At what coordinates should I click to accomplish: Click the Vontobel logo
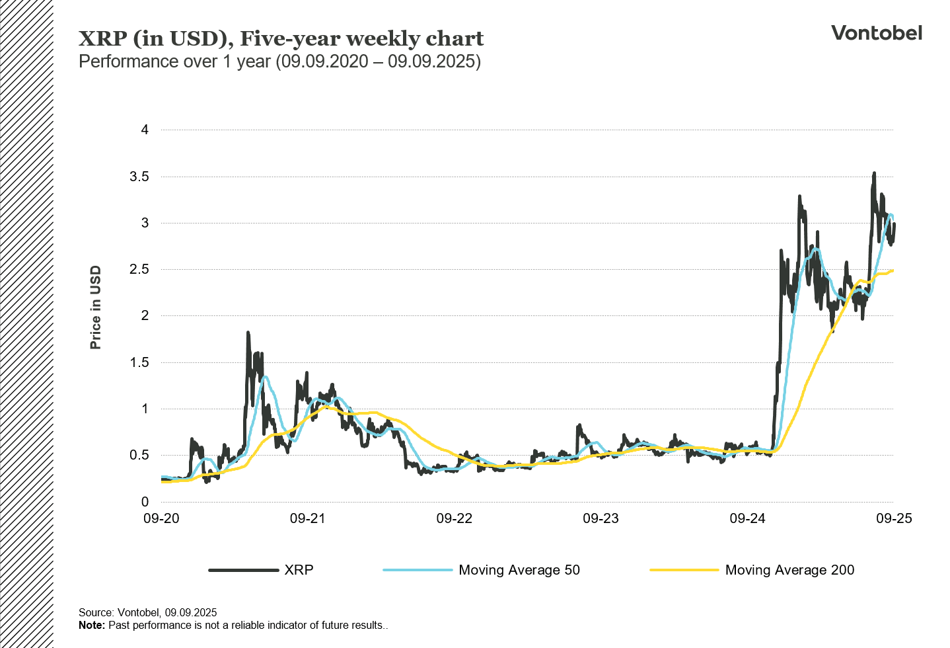(876, 33)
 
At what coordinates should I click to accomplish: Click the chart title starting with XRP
(281, 38)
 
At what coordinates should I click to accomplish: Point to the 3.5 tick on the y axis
(139, 177)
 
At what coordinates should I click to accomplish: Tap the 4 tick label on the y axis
(145, 130)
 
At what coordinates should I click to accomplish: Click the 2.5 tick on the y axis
(139, 269)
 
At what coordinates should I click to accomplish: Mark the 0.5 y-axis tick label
(139, 455)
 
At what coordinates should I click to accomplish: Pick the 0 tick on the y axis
(145, 502)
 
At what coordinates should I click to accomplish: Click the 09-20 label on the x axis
(161, 518)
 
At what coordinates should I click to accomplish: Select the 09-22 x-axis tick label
(455, 518)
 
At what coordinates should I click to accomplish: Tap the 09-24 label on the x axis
(747, 518)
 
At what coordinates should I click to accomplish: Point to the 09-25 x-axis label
(894, 518)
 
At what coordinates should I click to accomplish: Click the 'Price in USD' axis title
(96, 307)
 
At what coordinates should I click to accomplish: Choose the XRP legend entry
(299, 570)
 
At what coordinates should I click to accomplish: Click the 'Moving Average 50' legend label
(519, 570)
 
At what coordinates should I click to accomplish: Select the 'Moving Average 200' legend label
(789, 570)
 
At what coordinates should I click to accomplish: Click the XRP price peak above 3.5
(874, 174)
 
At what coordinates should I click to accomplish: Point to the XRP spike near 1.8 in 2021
(248, 333)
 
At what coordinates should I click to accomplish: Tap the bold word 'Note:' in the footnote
(92, 626)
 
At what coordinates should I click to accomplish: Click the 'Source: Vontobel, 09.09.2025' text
(147, 612)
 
